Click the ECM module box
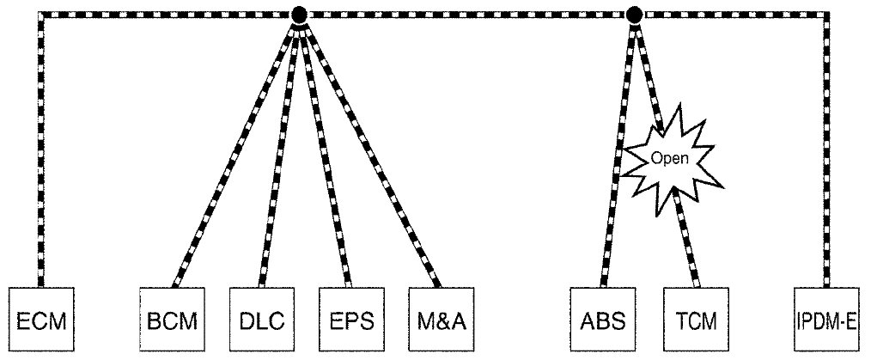pos(41,321)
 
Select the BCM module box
pos(171,321)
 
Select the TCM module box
pos(694,321)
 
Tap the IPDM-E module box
pos(828,321)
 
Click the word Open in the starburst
pos(671,158)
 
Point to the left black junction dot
pos(299,15)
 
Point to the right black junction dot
pos(635,15)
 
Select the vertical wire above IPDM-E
pos(828,155)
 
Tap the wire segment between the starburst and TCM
pos(687,241)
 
